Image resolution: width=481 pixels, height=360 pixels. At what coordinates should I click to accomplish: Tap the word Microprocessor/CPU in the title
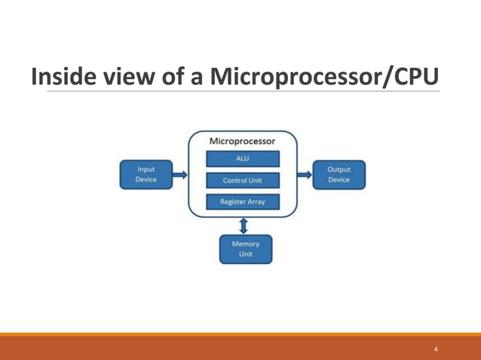pyautogui.click(x=324, y=78)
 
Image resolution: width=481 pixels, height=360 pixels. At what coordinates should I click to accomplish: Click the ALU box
pyautogui.click(x=243, y=159)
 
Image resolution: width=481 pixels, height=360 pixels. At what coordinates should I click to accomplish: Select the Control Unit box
pyautogui.click(x=243, y=181)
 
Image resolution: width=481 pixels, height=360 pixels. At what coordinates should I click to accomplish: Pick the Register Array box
pyautogui.click(x=243, y=202)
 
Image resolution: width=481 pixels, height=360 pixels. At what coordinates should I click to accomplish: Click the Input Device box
pyautogui.click(x=146, y=175)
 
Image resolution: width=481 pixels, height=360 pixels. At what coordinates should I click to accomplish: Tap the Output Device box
pyautogui.click(x=339, y=175)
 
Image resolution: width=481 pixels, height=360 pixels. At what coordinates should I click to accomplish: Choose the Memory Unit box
pyautogui.click(x=245, y=249)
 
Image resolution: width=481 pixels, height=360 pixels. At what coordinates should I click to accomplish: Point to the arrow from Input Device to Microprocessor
pyautogui.click(x=179, y=175)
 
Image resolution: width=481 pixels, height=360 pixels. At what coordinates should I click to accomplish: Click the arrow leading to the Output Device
pyautogui.click(x=304, y=175)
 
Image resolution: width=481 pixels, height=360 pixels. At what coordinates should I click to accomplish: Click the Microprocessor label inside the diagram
pyautogui.click(x=242, y=142)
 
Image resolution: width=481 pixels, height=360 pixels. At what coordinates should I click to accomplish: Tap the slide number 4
pyautogui.click(x=436, y=349)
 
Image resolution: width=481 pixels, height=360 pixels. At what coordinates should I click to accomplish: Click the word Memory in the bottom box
pyautogui.click(x=245, y=244)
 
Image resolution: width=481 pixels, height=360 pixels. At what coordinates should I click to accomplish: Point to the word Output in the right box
pyautogui.click(x=339, y=169)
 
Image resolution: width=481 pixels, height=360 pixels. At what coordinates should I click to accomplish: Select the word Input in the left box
pyautogui.click(x=146, y=169)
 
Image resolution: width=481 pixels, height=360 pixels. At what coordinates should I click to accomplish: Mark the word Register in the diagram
pyautogui.click(x=231, y=202)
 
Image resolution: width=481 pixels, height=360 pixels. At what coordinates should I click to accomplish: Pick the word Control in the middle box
pyautogui.click(x=234, y=181)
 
